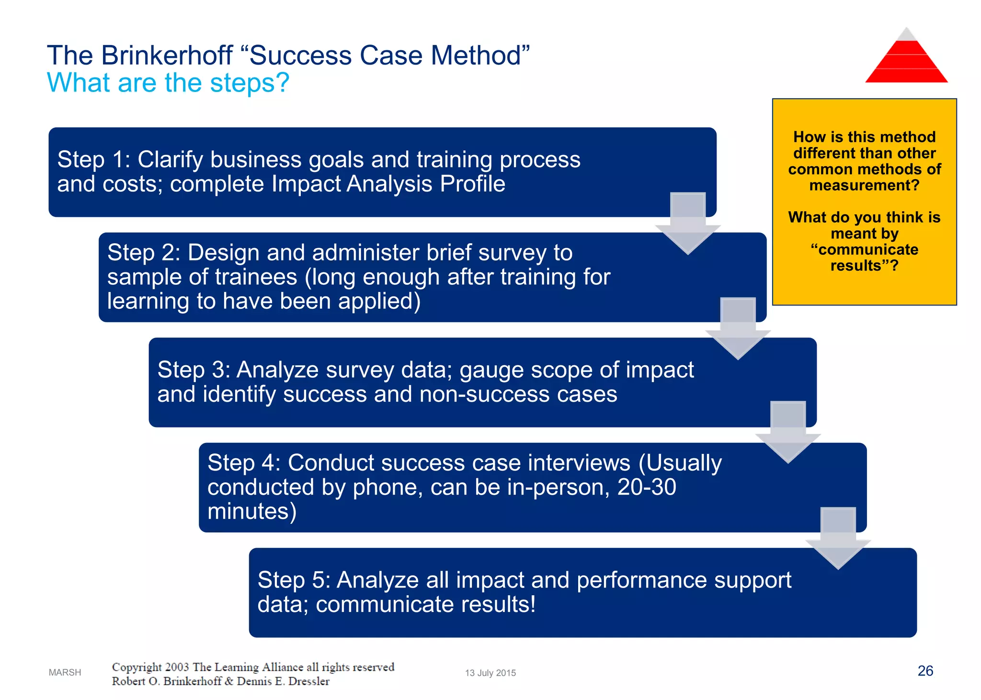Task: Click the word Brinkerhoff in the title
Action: coord(167,56)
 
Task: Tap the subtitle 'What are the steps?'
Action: coord(168,83)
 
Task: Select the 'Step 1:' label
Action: coord(93,160)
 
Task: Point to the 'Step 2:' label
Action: coord(143,253)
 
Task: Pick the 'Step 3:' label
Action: coord(194,370)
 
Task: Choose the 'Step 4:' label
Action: coord(243,463)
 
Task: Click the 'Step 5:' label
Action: coord(294,580)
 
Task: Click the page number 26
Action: coord(925,671)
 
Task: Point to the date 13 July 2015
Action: coord(490,673)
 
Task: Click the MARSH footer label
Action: coord(65,672)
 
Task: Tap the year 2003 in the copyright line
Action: coord(177,667)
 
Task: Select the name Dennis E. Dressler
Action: coord(283,681)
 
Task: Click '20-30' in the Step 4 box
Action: coord(647,487)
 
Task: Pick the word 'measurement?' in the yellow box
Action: coord(864,185)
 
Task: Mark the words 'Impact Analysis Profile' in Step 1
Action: coord(388,184)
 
